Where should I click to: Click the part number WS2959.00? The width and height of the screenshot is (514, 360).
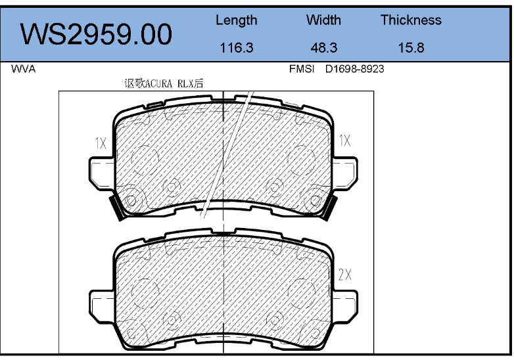pyautogui.click(x=96, y=34)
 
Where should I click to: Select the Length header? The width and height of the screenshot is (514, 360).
pyautogui.click(x=237, y=20)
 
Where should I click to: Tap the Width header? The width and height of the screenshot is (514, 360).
pyautogui.click(x=323, y=20)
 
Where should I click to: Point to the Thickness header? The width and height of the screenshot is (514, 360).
pyautogui.click(x=411, y=20)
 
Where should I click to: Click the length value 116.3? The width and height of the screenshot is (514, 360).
pyautogui.click(x=237, y=48)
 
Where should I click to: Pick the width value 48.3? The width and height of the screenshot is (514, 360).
pyautogui.click(x=324, y=48)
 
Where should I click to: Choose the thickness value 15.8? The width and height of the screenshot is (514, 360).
pyautogui.click(x=411, y=48)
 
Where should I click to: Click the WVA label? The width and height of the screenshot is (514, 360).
pyautogui.click(x=23, y=69)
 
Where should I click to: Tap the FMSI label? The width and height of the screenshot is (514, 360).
pyautogui.click(x=302, y=69)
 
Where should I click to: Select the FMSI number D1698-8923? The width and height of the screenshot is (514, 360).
pyautogui.click(x=355, y=69)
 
